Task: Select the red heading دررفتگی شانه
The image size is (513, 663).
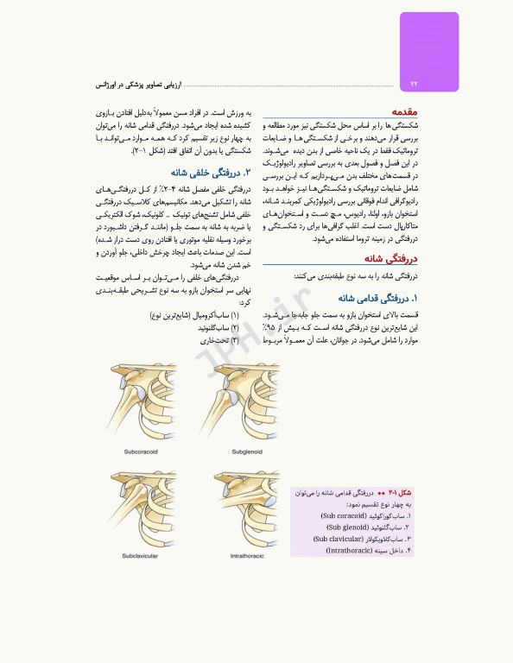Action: pos(389,258)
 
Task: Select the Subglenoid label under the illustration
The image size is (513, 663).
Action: pos(246,451)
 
